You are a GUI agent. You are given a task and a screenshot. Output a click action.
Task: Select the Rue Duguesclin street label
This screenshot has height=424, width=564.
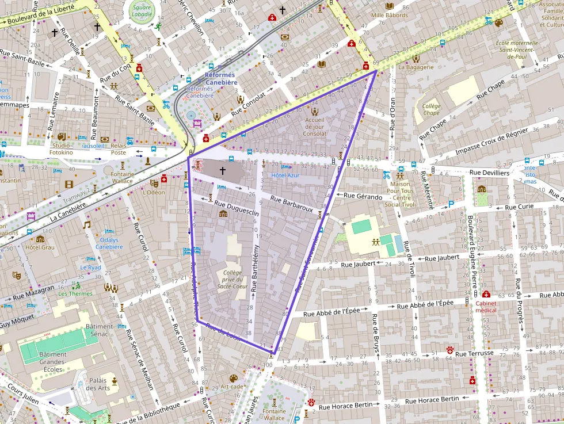(x=237, y=208)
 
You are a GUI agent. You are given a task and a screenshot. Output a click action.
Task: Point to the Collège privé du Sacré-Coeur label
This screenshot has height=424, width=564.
(x=233, y=279)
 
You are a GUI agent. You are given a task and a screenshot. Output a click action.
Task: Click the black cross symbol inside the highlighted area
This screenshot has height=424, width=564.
(x=223, y=171)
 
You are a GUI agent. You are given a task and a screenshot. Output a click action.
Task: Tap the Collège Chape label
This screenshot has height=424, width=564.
(x=431, y=109)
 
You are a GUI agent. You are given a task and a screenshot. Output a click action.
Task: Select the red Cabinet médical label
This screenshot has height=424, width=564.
(x=486, y=305)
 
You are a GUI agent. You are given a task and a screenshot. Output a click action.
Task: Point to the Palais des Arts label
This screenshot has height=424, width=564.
(x=97, y=384)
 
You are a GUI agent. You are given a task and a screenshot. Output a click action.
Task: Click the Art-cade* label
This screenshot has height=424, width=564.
(x=233, y=387)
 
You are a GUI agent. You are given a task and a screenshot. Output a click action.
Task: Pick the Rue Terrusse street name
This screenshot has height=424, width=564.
(x=474, y=353)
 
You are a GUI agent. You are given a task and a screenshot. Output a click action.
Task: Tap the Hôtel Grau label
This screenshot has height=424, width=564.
(x=40, y=247)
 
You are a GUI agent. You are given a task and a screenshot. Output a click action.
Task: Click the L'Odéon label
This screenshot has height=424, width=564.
(x=154, y=192)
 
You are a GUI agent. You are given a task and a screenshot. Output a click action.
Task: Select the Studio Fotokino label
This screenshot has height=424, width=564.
(x=61, y=149)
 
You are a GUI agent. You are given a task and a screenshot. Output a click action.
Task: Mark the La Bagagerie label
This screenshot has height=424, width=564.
(x=416, y=67)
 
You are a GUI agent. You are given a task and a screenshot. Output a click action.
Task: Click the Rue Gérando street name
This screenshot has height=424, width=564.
(x=363, y=197)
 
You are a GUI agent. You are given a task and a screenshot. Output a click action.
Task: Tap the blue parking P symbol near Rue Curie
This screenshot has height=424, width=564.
(x=451, y=203)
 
